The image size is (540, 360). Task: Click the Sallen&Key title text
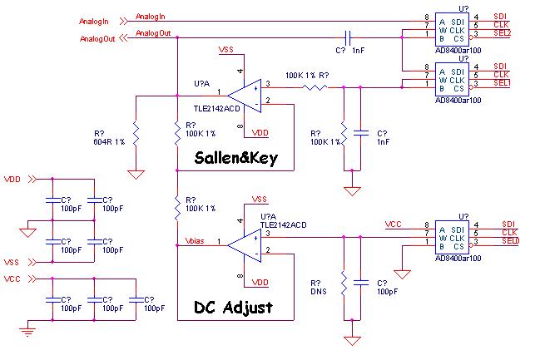coord(236,158)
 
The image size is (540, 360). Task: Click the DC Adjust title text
coord(234,308)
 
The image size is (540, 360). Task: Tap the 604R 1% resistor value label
coord(109,142)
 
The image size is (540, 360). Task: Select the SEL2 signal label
coord(502,33)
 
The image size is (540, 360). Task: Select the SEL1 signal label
coord(502,83)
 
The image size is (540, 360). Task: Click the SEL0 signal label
coord(510,241)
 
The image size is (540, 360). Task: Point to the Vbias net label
coord(195,241)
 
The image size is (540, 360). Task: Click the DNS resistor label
coord(319,292)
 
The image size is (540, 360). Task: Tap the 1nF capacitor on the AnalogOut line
coord(348,38)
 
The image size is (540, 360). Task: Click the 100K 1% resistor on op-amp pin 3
coord(315,88)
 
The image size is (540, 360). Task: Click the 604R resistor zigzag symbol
coord(136,134)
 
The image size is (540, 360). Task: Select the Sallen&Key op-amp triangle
coord(245,96)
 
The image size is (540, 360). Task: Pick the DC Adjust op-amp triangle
coord(245,245)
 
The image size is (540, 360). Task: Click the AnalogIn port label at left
coord(94,22)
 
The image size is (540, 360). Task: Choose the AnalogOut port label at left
coord(97,39)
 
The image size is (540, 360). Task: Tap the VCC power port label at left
coord(12,279)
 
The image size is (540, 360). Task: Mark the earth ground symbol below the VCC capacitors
coord(27,332)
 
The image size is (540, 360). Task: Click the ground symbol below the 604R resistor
coord(136,175)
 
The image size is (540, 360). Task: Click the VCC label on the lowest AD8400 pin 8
coord(394,224)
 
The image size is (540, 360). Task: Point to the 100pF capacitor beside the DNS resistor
coord(360,283)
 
